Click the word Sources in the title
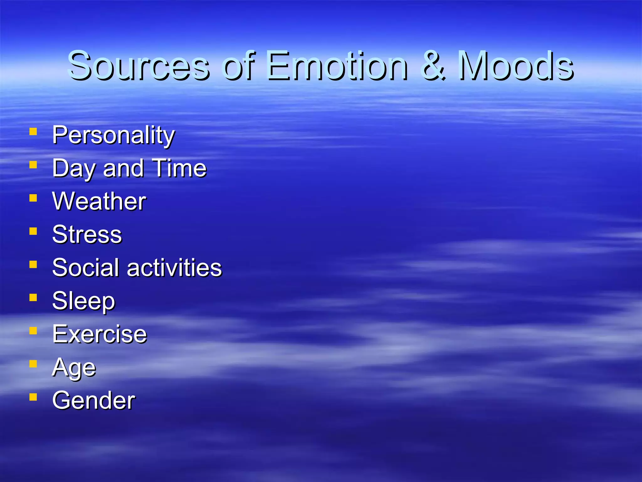tap(138, 66)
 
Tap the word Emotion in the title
tap(337, 66)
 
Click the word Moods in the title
tap(516, 66)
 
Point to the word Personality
tap(113, 136)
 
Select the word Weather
tap(99, 201)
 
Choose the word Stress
tap(87, 234)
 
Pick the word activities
tap(174, 268)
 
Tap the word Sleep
tap(83, 301)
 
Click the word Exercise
tap(99, 334)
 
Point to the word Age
tap(74, 367)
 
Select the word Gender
tap(93, 400)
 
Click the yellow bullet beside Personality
tap(33, 131)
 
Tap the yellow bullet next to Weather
tap(33, 198)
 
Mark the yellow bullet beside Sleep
tap(33, 297)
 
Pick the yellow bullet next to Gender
tap(33, 397)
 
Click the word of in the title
tap(239, 66)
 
